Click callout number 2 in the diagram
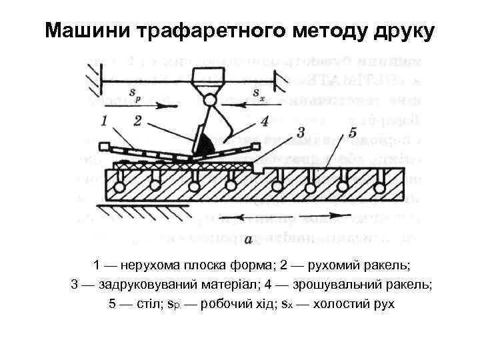[137, 121]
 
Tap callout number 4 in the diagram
[264, 121]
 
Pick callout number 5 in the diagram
[353, 131]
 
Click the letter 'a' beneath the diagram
[248, 238]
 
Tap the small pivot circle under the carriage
[209, 101]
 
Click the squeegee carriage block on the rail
[209, 75]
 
